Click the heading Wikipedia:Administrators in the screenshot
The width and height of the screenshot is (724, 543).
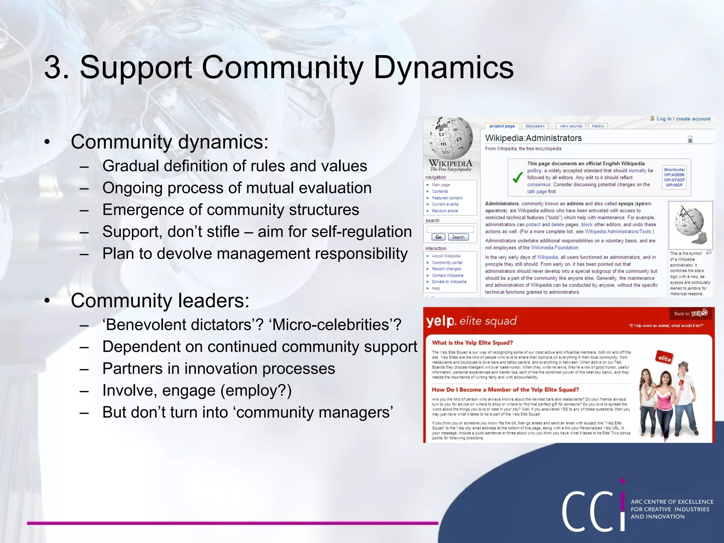click(533, 138)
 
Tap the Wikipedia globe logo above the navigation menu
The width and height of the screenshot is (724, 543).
click(451, 138)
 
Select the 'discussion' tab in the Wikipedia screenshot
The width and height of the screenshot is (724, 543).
click(535, 126)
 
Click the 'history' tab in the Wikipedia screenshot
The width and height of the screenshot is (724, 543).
click(598, 126)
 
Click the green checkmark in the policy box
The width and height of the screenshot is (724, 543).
click(518, 177)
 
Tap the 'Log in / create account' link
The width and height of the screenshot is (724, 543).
click(683, 119)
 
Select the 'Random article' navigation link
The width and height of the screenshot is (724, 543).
click(445, 211)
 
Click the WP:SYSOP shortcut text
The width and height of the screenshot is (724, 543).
click(674, 180)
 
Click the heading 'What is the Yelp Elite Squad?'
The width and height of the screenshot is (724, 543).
click(472, 343)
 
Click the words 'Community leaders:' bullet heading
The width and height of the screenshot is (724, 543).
click(160, 300)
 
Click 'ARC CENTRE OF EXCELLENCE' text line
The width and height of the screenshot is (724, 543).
click(672, 502)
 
